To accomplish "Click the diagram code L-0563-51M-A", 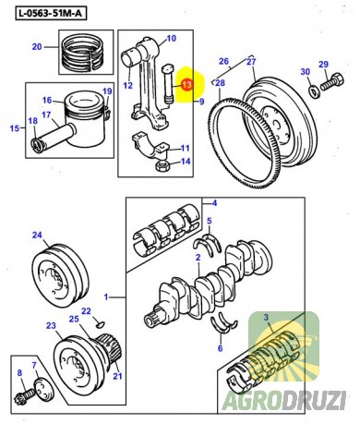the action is pyautogui.click(x=51, y=14).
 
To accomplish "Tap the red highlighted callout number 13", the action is pyautogui.click(x=186, y=84).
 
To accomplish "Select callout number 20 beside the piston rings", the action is pyautogui.click(x=37, y=47).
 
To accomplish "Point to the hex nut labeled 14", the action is pyautogui.click(x=162, y=165).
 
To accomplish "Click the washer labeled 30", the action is pyautogui.click(x=314, y=91).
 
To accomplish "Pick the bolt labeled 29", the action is pyautogui.click(x=332, y=81).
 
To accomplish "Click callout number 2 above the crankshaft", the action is pyautogui.click(x=198, y=258).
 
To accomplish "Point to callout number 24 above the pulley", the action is pyautogui.click(x=37, y=236).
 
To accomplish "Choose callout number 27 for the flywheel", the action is pyautogui.click(x=251, y=62).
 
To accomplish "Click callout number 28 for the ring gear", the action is pyautogui.click(x=220, y=83).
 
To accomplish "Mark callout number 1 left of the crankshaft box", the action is pyautogui.click(x=106, y=297).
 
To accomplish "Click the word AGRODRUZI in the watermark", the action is pyautogui.click(x=283, y=400).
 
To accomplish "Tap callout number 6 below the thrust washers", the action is pyautogui.click(x=220, y=348).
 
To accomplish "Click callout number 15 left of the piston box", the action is pyautogui.click(x=15, y=127).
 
